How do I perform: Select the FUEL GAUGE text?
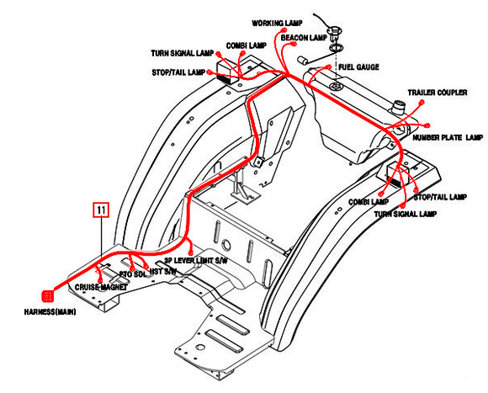point(358,65)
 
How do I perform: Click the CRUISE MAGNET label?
point(101,287)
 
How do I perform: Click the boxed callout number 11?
point(100,209)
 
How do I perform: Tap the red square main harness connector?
point(48,295)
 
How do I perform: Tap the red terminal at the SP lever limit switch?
point(192,250)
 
